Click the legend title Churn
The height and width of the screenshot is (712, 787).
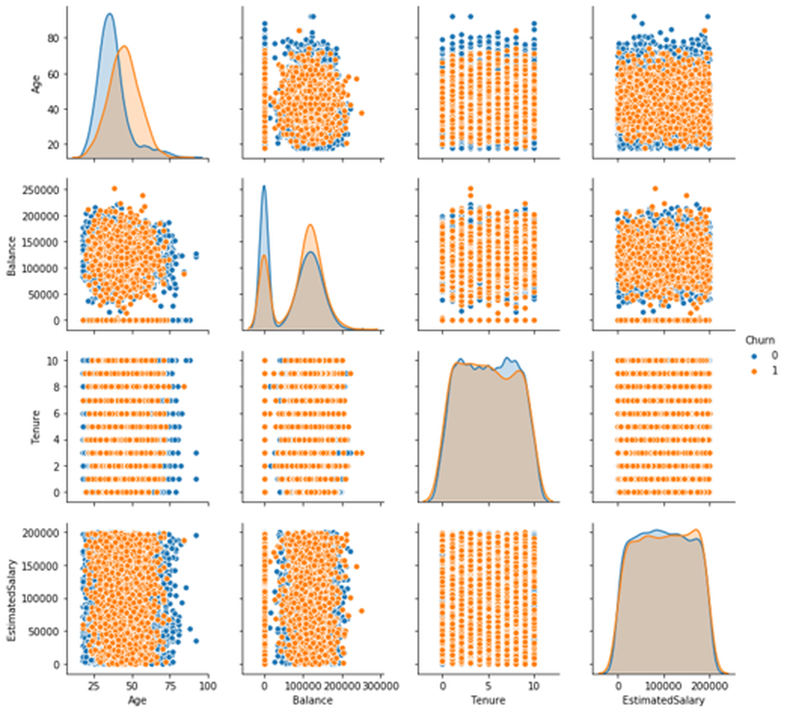coord(759,340)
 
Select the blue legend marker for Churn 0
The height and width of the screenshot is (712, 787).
coord(754,355)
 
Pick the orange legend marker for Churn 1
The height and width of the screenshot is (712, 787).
coord(754,370)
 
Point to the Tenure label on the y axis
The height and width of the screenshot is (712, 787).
coord(36,426)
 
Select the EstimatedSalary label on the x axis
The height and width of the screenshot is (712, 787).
coord(663,700)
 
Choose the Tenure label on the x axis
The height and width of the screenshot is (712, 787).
coord(488,700)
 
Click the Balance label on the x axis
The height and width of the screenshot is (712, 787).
coord(313,700)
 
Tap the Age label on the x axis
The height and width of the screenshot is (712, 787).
coord(137,700)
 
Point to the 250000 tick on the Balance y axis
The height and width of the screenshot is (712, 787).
coord(43,189)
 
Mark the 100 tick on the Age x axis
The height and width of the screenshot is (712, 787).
coord(207,686)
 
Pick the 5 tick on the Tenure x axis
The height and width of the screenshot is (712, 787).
coord(488,686)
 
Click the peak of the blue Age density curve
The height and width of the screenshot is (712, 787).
coord(109,14)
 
